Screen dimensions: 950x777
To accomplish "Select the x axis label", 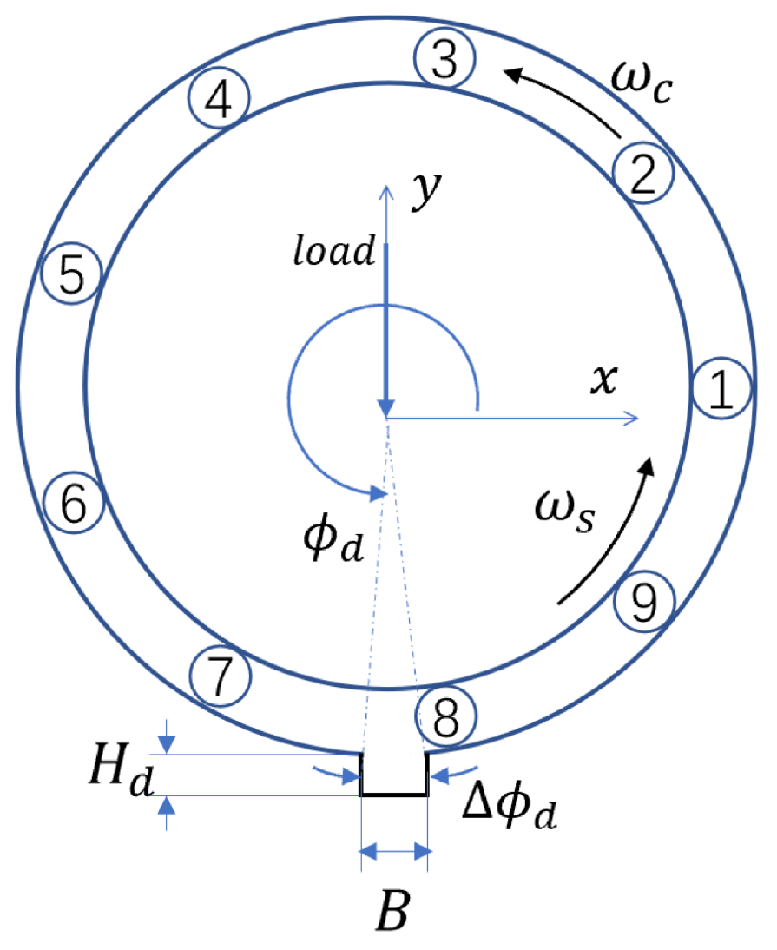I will (x=597, y=381).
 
